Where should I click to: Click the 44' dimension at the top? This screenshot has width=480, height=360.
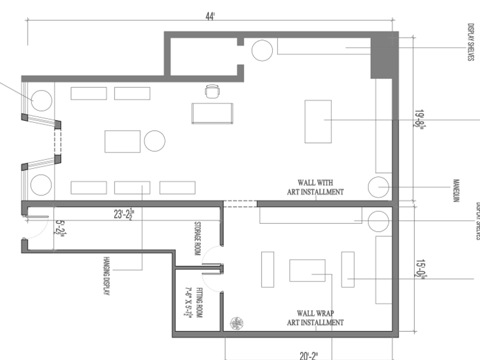coord(210,16)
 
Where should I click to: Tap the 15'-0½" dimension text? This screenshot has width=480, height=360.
coord(419,268)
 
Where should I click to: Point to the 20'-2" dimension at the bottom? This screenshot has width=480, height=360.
coord(309,355)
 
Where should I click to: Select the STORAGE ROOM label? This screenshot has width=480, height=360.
coord(197,239)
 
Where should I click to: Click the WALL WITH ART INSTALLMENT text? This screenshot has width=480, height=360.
coord(315,187)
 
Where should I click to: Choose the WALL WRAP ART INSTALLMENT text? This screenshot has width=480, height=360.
coord(315,318)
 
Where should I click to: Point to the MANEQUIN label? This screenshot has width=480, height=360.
coord(456,191)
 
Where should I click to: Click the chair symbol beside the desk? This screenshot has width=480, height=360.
coord(212,91)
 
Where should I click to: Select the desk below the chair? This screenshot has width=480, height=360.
coord(212,113)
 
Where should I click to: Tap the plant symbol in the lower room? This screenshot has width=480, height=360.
coord(235,324)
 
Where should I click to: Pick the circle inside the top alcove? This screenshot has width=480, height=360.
coord(262,50)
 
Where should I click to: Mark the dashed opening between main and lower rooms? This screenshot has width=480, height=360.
coord(240,204)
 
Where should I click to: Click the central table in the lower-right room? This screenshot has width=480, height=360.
coord(307,270)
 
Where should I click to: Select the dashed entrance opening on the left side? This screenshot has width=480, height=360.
coord(58,142)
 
